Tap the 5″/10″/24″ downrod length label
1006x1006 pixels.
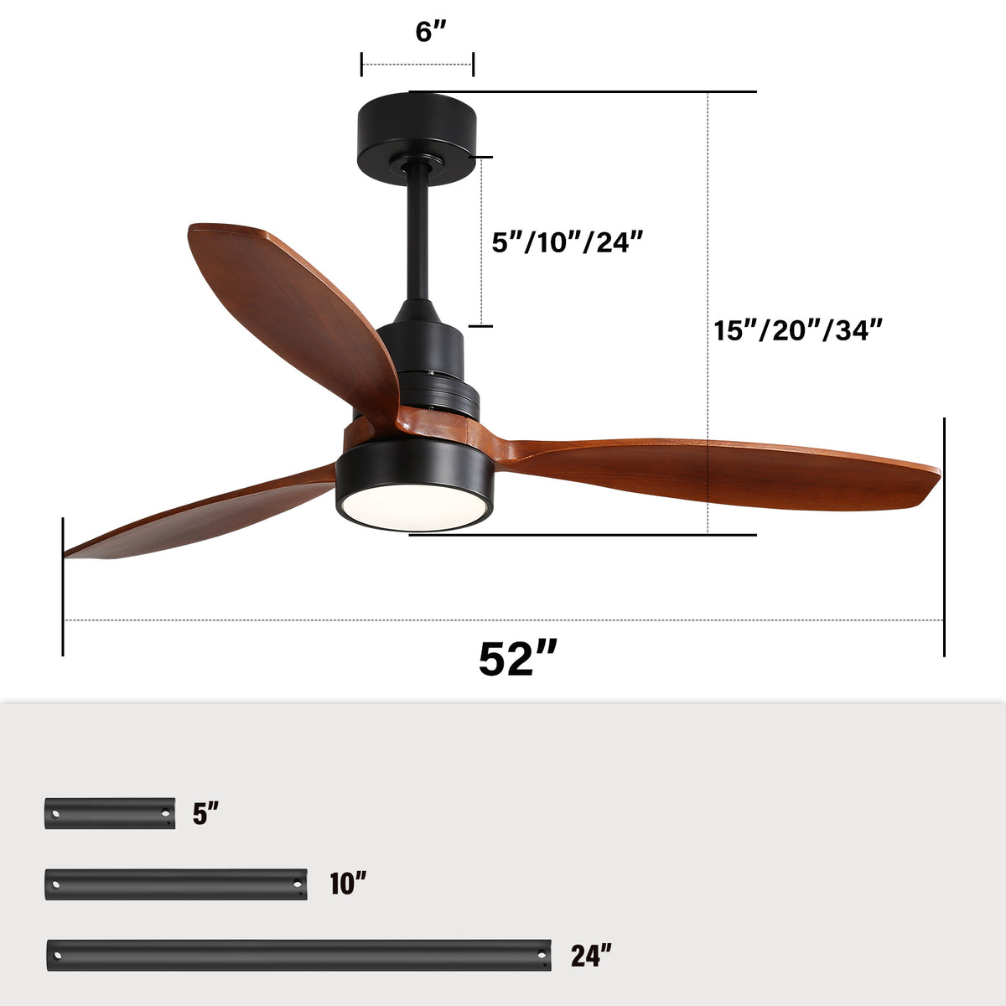pos(567,242)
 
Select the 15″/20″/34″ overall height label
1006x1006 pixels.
pos(798,329)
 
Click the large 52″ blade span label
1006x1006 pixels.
pos(517,659)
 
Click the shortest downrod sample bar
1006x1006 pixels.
pos(110,813)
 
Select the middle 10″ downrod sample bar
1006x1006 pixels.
pos(176,884)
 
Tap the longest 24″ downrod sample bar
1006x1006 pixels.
pos(298,955)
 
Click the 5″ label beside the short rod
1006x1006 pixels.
pos(205,813)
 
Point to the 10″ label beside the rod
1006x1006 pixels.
pos(348,884)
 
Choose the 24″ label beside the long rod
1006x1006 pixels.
pos(591,955)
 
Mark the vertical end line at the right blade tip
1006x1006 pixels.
pos(944,537)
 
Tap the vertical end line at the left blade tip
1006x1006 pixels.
pos(63,587)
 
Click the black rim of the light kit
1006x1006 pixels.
pos(414,469)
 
